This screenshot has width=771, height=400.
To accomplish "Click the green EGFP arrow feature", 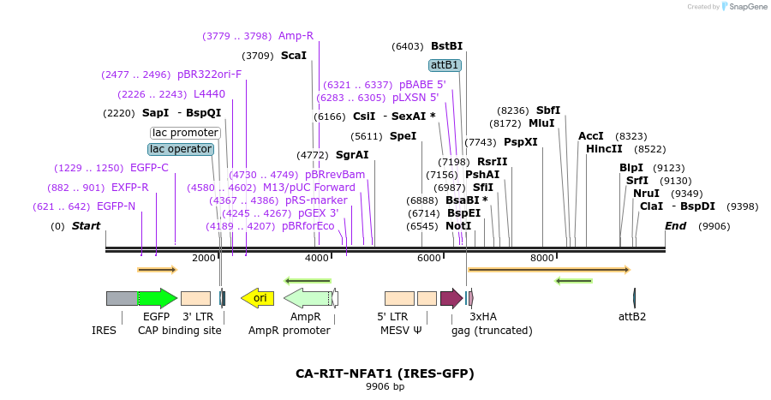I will coord(157,298).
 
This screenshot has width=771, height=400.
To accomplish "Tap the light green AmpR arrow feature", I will coord(306,298).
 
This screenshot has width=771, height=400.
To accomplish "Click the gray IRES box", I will coord(121,298).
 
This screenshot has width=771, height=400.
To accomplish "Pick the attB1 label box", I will coord(445,65).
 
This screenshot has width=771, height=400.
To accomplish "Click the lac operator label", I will coord(181,149).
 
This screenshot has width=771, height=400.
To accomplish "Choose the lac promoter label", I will coord(185,133).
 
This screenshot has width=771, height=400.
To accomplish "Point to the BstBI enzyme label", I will coord(446,46).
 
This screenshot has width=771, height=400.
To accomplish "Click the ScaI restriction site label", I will coord(294,56).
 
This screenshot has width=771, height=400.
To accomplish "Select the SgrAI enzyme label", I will coord(352,155).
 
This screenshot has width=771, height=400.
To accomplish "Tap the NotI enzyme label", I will coord(458,226).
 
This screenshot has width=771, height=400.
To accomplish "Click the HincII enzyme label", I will coord(604,149).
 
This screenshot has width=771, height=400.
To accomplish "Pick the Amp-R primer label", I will coord(296,36).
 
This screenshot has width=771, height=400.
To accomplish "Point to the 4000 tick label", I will coord(317,258).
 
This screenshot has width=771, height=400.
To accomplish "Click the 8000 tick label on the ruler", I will coord(542,258).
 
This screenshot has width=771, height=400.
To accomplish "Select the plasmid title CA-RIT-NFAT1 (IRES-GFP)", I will coord(385,373).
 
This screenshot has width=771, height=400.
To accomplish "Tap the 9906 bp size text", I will coord(385,387).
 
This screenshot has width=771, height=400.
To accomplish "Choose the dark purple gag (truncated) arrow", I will coord(451,298).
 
